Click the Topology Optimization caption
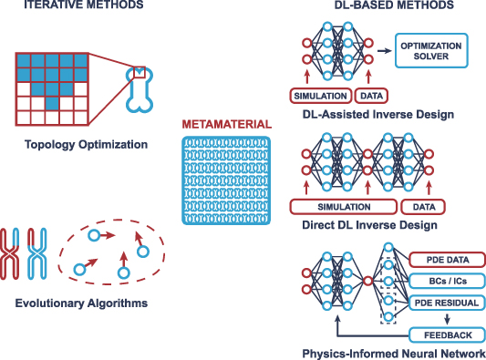[76, 143]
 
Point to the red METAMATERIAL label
[225, 124]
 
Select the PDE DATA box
[445, 259]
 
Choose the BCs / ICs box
[445, 280]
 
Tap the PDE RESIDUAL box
[445, 302]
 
